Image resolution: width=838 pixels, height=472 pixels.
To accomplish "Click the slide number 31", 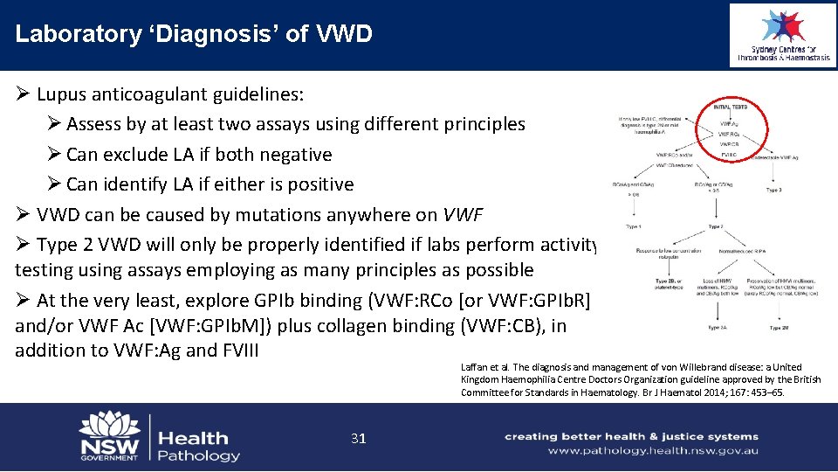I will coord(358,438).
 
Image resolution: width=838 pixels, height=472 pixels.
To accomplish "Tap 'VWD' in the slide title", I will coord(345,34).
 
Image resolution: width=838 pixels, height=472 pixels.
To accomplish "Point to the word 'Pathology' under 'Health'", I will coord(199,455).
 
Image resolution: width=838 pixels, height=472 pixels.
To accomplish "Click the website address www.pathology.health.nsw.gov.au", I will coord(653,451).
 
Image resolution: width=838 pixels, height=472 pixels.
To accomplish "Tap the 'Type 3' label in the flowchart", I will coord(773,189).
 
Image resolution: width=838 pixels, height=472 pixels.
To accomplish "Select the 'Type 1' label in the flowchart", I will coord(635,226).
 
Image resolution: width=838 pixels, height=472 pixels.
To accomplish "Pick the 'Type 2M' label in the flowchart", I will coord(779,328).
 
